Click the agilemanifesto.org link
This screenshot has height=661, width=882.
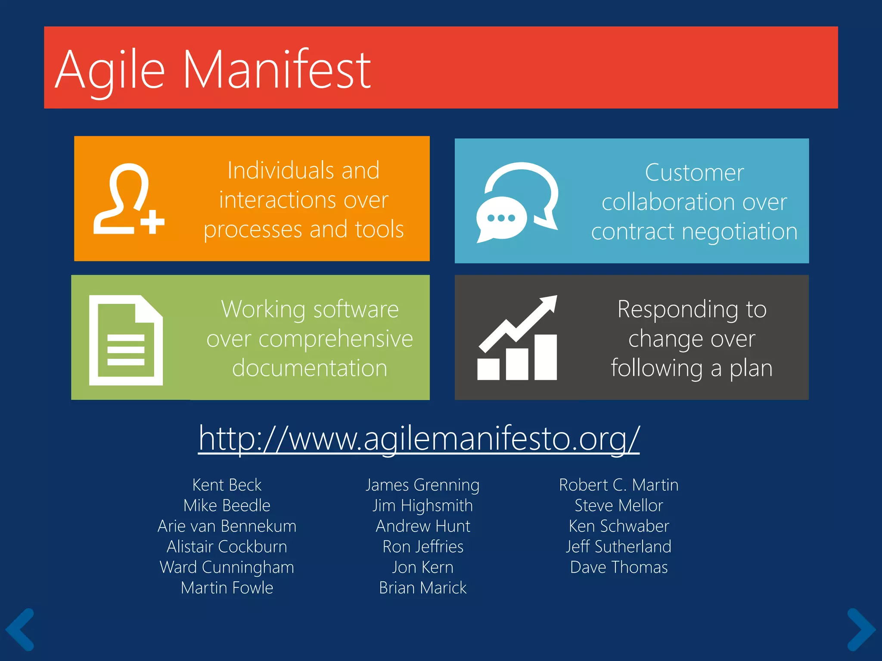click(419, 439)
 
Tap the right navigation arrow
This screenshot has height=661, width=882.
click(861, 629)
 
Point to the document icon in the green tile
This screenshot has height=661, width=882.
click(126, 340)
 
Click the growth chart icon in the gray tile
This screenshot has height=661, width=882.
click(517, 338)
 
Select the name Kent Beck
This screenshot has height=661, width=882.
click(227, 485)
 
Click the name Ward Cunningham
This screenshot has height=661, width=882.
click(227, 567)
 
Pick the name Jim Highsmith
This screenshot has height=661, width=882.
click(423, 506)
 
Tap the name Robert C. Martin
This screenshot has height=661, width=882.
click(618, 485)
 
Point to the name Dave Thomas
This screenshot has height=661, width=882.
click(618, 567)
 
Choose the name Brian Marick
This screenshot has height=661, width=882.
click(423, 588)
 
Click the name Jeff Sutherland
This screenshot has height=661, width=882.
click(618, 547)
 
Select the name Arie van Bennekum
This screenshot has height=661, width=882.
click(227, 526)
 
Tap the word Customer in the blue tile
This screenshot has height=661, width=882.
click(694, 173)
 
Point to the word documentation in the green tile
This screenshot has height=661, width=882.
click(310, 368)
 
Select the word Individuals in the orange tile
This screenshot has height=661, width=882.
click(280, 170)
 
